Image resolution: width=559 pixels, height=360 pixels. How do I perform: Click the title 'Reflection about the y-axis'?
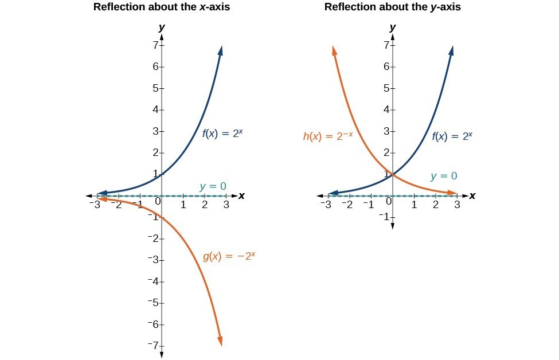click(393, 7)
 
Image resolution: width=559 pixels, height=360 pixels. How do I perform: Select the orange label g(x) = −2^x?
click(229, 256)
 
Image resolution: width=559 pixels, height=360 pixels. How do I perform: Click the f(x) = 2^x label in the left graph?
click(223, 134)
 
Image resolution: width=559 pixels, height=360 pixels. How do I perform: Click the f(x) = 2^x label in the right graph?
click(452, 136)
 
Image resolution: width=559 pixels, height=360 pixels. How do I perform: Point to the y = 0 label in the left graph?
click(213, 186)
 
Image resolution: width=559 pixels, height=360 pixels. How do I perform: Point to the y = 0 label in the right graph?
click(444, 177)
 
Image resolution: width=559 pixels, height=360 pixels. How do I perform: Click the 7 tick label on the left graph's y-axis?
click(155, 45)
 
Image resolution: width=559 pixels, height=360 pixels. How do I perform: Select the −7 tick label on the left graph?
click(153, 346)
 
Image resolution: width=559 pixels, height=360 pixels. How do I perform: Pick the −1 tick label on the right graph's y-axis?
click(384, 217)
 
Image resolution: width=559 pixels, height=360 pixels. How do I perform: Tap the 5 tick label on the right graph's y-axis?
click(386, 88)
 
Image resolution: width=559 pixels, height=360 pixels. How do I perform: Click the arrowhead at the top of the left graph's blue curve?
click(221, 50)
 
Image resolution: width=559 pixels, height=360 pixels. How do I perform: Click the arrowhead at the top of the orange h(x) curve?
click(334, 51)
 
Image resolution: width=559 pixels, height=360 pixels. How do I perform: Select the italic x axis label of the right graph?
click(472, 195)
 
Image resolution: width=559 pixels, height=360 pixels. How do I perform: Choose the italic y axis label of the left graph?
click(162, 27)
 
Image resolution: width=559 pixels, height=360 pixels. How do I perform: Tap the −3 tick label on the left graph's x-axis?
click(96, 205)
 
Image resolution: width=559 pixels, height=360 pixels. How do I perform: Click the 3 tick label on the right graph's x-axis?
click(457, 205)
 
